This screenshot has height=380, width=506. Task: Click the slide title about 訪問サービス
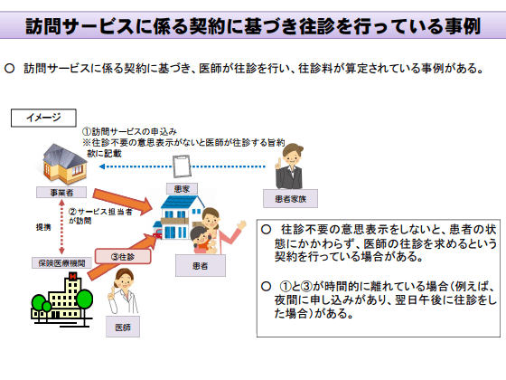click(x=252, y=25)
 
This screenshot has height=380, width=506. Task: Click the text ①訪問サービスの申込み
click(x=132, y=132)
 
